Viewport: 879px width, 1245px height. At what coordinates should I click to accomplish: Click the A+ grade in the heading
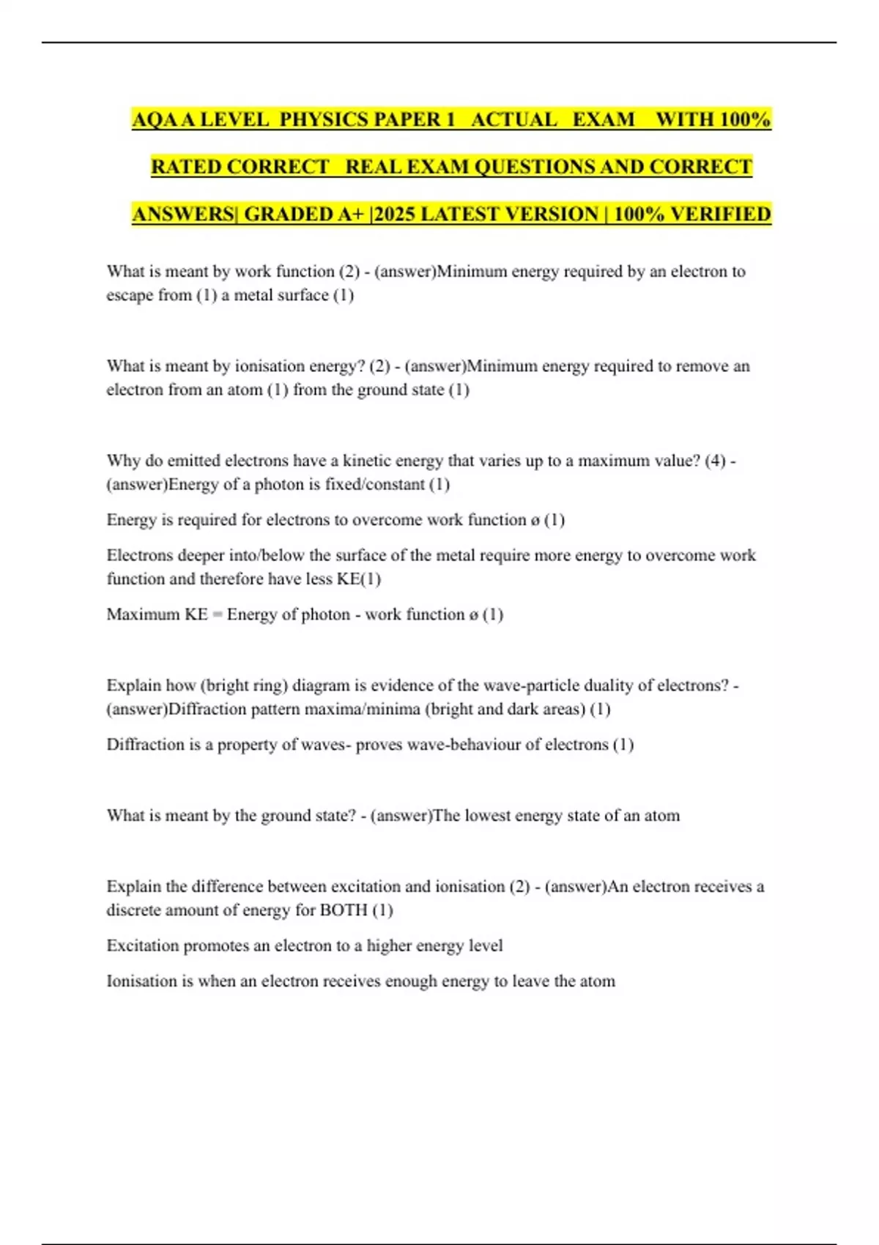click(x=353, y=214)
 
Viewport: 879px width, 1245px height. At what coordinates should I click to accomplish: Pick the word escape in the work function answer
click(x=130, y=295)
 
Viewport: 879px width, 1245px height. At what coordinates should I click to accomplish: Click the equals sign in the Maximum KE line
click(x=217, y=614)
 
